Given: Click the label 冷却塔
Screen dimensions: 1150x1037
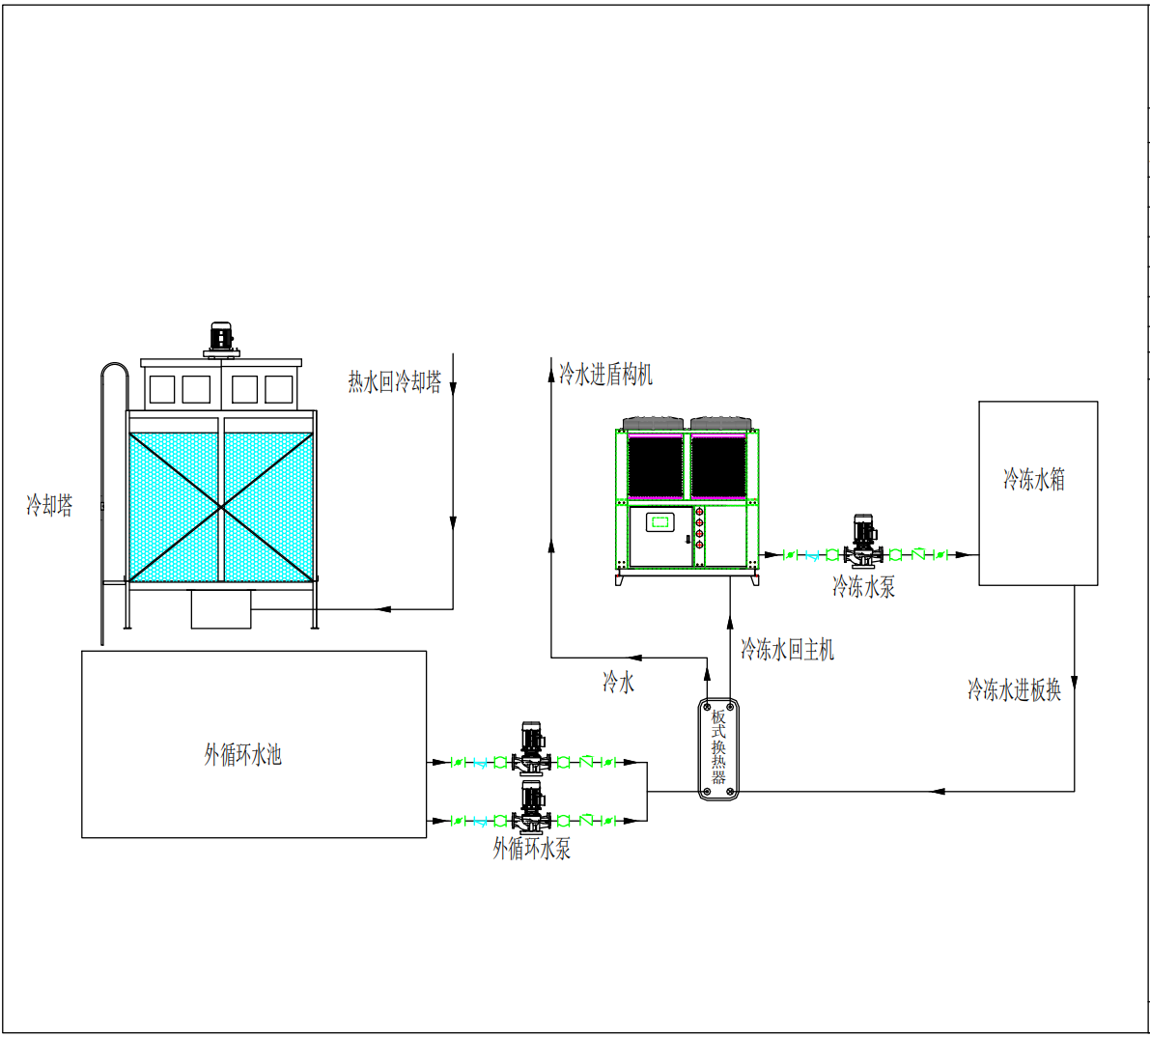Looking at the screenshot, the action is (x=50, y=505).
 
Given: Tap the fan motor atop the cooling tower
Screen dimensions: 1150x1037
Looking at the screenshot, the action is (x=221, y=337).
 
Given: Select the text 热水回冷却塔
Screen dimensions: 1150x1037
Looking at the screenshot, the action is (x=395, y=381).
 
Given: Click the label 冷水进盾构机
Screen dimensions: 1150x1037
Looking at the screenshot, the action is (x=605, y=374).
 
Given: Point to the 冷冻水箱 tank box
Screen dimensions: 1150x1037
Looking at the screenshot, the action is (x=1038, y=492).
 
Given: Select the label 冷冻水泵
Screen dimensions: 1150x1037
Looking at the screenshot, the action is (x=864, y=587).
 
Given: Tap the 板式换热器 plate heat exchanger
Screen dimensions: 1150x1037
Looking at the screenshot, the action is (x=718, y=748).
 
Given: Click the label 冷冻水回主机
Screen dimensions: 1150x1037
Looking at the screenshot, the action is (x=787, y=649).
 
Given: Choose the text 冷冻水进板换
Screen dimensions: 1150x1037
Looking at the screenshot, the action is (x=1014, y=689).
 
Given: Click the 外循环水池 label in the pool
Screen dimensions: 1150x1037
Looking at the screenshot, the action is (x=242, y=755).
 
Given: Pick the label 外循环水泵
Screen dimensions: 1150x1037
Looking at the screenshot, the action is (x=532, y=849).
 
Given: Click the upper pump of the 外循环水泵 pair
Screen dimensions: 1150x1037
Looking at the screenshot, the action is (x=532, y=748).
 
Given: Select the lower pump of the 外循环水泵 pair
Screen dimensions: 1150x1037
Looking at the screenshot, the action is (x=532, y=807).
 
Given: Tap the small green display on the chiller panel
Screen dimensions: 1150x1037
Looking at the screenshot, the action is (x=660, y=521).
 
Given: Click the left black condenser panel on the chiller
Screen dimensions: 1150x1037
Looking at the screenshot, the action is (x=655, y=466).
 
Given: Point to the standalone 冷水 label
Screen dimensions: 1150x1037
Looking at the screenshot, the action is (x=618, y=682).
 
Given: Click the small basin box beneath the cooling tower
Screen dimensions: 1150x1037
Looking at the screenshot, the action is (x=221, y=609).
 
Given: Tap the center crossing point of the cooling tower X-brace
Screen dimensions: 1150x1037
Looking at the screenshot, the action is (x=221, y=507).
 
